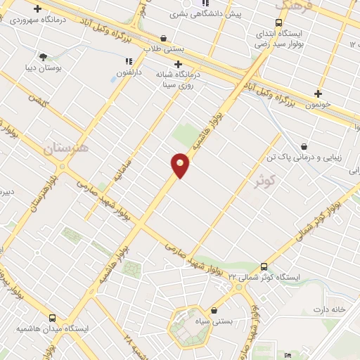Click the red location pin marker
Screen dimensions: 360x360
click(180, 166)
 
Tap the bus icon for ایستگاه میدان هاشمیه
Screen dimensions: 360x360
click(53, 317)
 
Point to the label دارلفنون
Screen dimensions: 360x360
click(129, 72)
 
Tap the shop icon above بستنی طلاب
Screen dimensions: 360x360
click(164, 39)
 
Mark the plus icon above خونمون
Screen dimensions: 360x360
click(319, 93)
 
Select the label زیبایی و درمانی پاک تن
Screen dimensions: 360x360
click(300, 157)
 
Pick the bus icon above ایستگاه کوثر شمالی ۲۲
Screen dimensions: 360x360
click(264, 266)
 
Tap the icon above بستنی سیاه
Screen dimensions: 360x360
click(214, 310)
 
